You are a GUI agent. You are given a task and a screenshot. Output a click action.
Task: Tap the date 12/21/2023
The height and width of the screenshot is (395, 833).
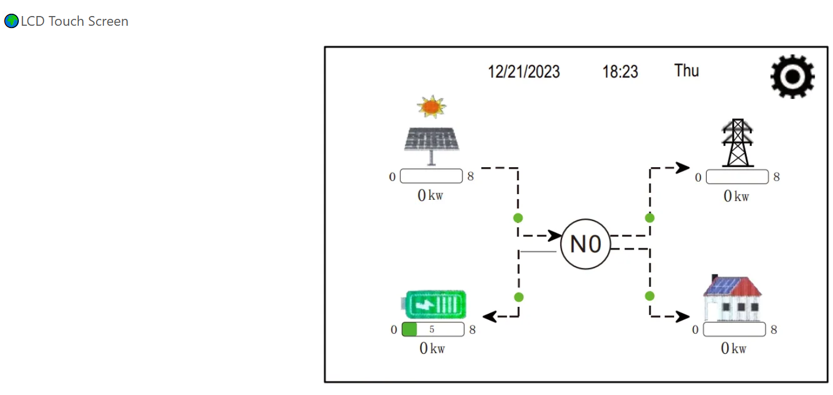pos(524,72)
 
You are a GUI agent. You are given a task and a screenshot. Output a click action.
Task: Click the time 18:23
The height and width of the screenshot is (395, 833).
pos(620,72)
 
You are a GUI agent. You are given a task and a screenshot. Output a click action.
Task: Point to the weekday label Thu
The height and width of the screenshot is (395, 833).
pos(687,71)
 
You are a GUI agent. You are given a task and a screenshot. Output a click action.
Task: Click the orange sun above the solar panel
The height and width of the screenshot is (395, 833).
pos(431,107)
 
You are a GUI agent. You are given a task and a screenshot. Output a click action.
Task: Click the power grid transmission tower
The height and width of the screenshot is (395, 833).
pos(738,143)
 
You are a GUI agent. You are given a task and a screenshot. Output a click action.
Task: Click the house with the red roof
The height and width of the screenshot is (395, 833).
pos(733,299)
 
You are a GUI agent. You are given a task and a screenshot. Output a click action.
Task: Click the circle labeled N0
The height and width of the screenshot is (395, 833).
pos(586,244)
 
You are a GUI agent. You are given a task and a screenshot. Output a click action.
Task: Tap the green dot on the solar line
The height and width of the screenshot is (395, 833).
pos(518,218)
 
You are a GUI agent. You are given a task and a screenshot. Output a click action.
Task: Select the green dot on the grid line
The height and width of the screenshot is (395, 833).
pos(649,218)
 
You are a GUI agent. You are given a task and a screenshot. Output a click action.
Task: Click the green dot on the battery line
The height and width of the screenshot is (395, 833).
pos(519,297)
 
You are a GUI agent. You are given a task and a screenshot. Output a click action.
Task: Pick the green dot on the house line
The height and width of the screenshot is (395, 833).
pos(649,296)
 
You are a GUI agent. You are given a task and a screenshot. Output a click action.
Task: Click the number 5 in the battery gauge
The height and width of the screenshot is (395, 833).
pos(432,330)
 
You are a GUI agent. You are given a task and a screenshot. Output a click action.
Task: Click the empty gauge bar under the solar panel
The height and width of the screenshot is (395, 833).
pos(431,176)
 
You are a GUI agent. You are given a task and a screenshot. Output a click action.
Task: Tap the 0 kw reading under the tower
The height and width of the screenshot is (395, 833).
pos(736,196)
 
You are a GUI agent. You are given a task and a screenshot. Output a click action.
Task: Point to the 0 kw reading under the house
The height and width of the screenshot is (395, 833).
pos(734,348)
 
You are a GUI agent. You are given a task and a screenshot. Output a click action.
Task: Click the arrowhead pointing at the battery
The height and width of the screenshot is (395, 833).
pos(489,316)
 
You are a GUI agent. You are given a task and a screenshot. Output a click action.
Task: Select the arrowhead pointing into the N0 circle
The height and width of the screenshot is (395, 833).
pos(555,235)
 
